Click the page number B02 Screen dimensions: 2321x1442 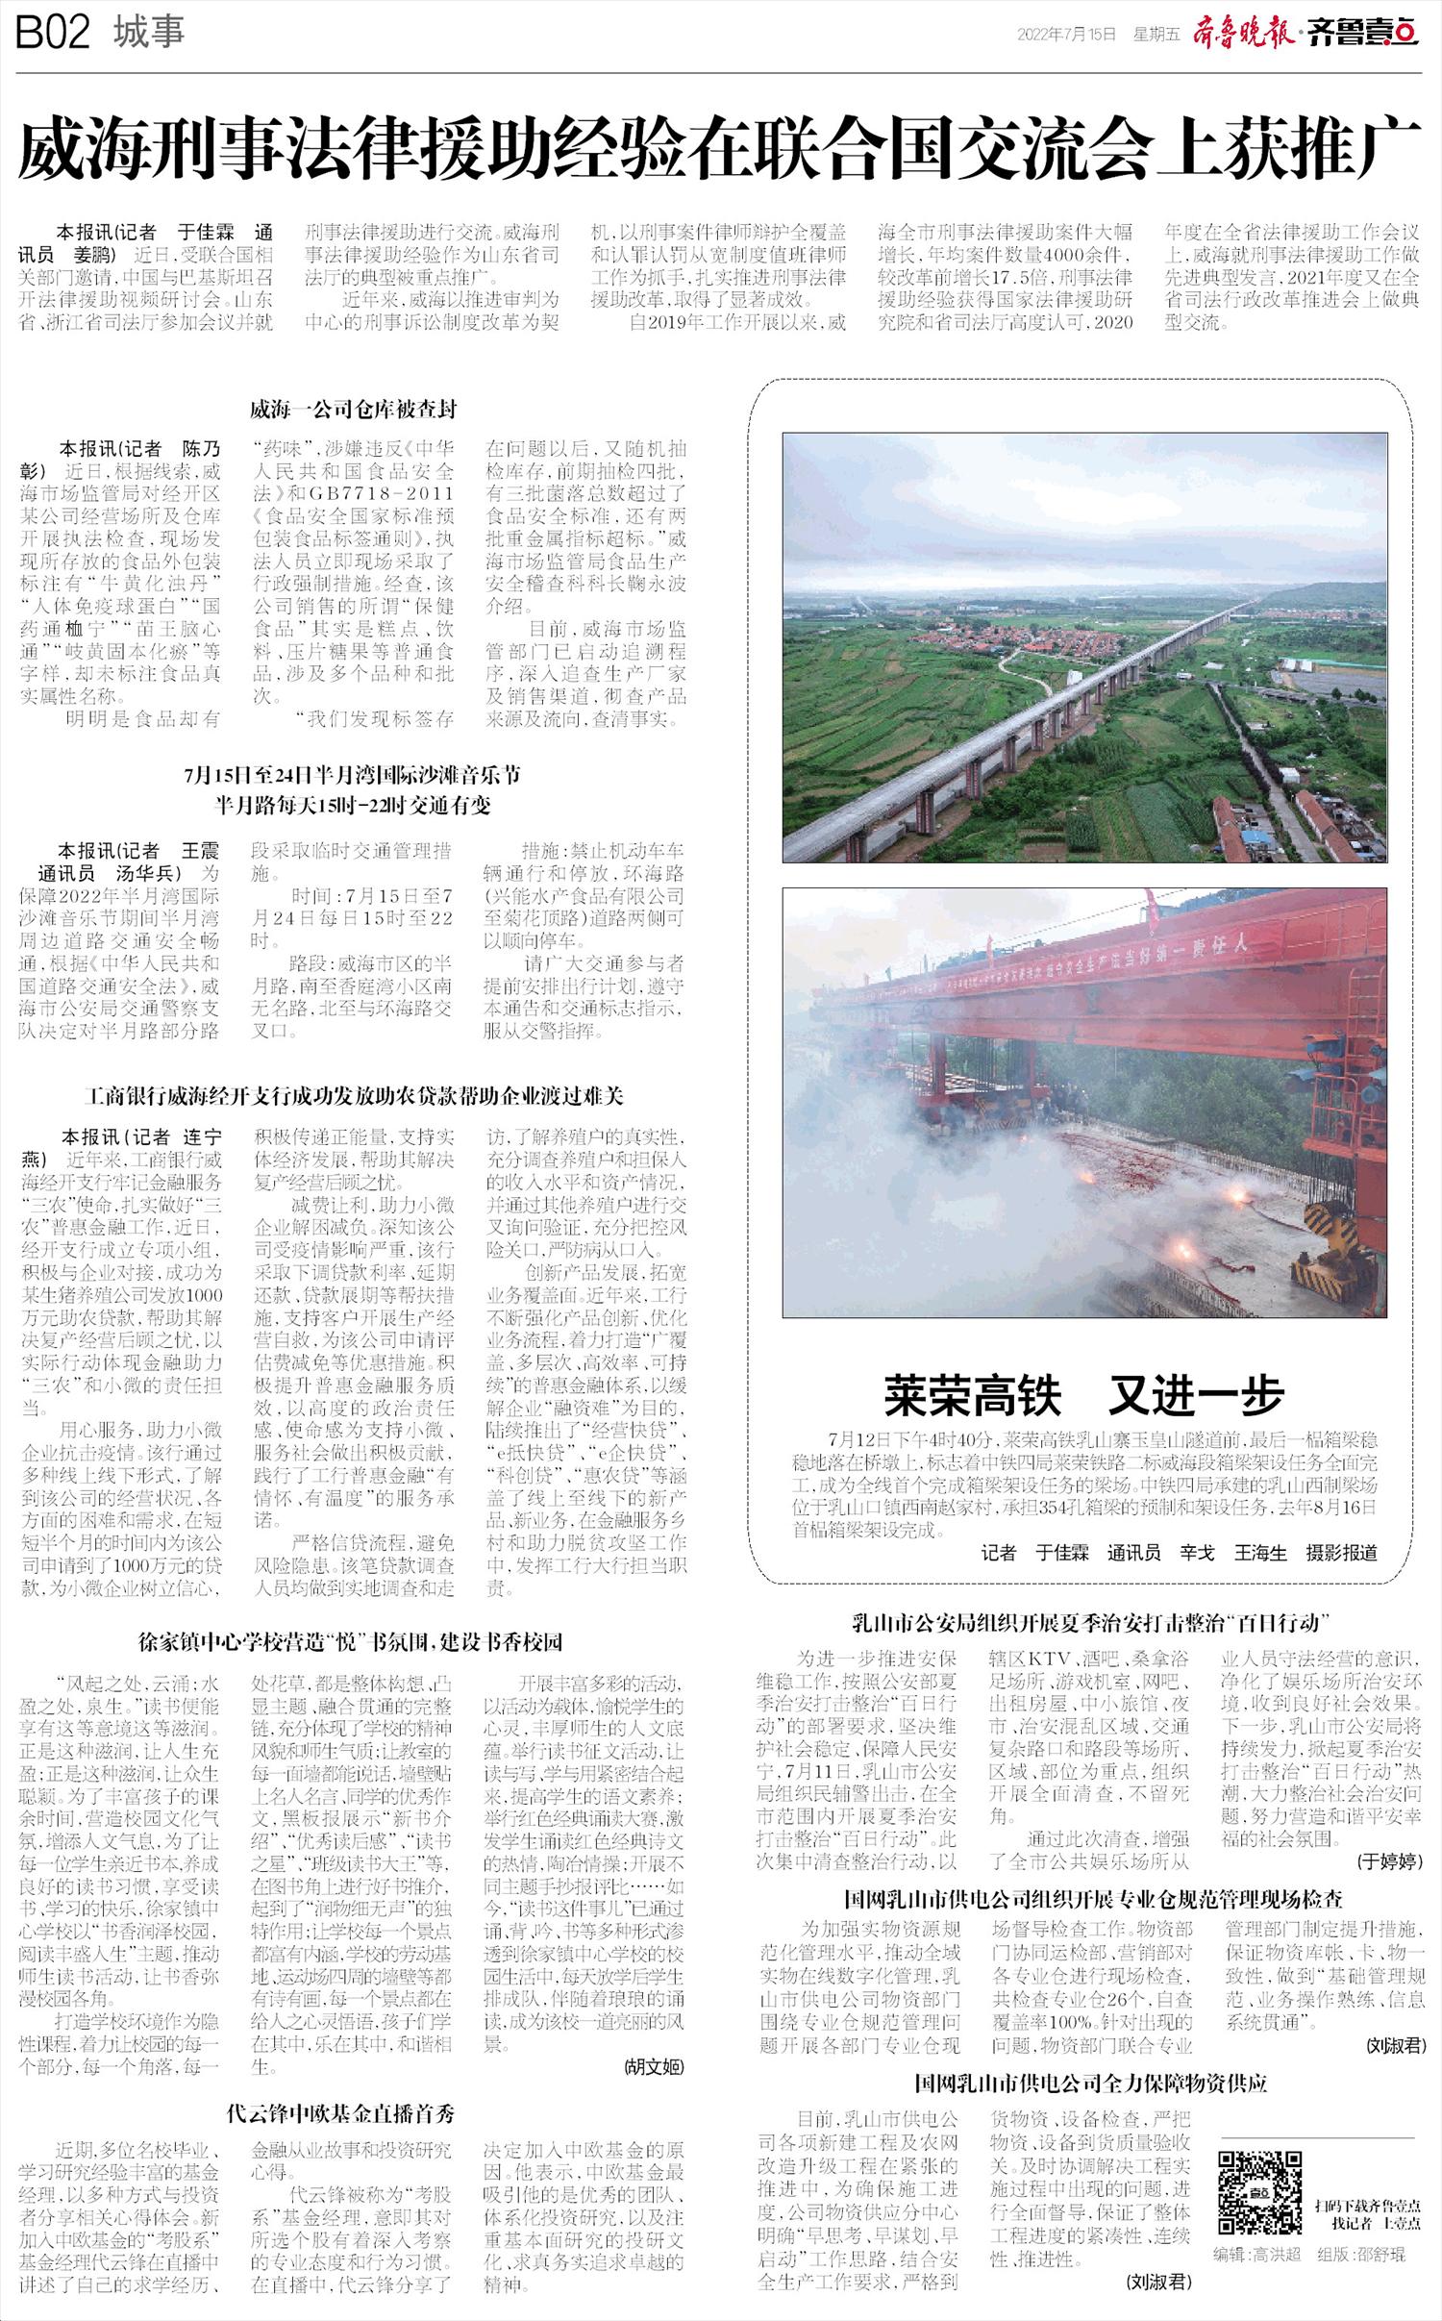click(x=53, y=35)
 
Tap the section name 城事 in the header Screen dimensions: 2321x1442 click(x=148, y=34)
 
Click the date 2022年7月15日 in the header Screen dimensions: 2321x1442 click(x=1066, y=35)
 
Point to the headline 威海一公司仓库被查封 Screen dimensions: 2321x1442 click(x=353, y=410)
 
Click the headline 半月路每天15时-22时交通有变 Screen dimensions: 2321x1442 click(x=353, y=805)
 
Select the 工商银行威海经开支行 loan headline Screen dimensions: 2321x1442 click(x=353, y=1096)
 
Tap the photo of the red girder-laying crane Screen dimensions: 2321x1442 click(x=1084, y=1102)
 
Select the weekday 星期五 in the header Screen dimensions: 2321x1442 click(x=1156, y=35)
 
